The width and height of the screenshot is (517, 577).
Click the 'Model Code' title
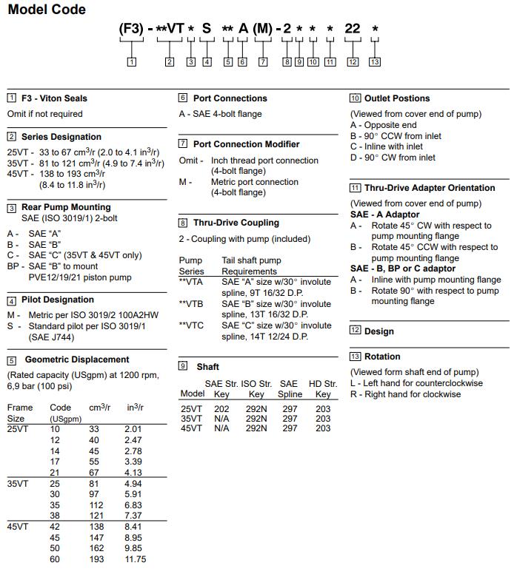tap(47, 10)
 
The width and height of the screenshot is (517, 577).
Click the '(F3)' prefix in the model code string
tap(132, 30)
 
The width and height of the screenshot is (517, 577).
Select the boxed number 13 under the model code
tap(375, 62)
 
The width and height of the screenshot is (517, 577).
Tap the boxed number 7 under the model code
tap(262, 62)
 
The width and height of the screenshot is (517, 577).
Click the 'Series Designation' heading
tap(61, 137)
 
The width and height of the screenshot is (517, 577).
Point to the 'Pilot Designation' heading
tap(58, 300)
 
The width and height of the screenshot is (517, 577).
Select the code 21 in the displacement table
tap(55, 473)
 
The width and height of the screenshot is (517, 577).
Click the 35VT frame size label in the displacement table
tap(18, 484)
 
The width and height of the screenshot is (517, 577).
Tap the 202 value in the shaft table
tap(221, 408)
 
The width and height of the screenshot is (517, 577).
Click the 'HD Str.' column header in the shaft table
tap(322, 384)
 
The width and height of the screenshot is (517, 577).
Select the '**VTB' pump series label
tap(193, 304)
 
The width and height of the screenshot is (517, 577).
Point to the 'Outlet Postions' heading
tap(397, 98)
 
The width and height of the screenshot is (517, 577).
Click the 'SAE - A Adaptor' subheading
tap(384, 215)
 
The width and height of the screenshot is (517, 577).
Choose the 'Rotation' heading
tap(382, 357)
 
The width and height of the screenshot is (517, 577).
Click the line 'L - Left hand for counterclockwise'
tap(416, 383)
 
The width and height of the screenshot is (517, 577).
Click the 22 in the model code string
tap(353, 30)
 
